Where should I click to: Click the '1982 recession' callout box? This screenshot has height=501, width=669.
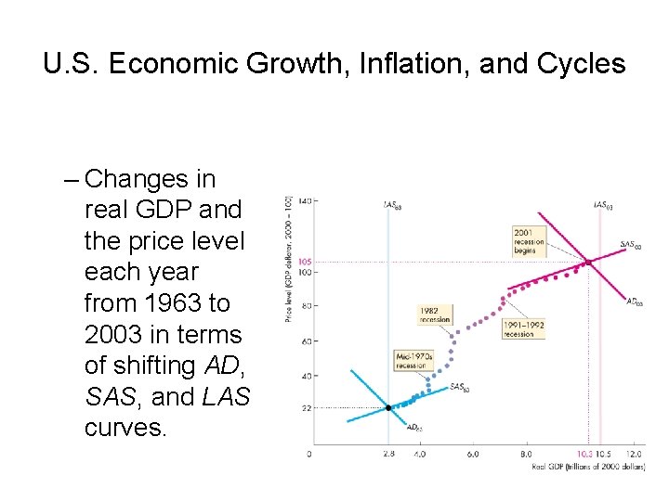(435, 315)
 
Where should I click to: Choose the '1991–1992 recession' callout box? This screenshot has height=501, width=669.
(523, 329)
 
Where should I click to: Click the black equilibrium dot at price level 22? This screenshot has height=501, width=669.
(388, 408)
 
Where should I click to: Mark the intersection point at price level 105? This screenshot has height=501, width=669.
(588, 262)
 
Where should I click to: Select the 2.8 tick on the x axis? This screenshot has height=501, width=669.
(388, 454)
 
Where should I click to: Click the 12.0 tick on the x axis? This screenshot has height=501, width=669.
(635, 454)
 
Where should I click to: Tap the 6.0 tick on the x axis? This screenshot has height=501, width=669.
(473, 454)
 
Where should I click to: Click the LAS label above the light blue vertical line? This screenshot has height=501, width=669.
(392, 204)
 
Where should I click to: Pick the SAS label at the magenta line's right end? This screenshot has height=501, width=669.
(630, 245)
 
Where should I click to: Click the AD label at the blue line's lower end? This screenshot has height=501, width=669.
(414, 427)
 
